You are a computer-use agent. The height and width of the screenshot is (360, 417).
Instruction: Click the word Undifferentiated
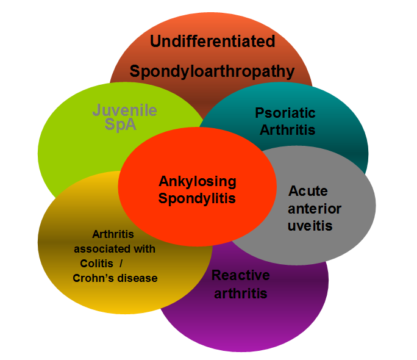pyautogui.click(x=213, y=41)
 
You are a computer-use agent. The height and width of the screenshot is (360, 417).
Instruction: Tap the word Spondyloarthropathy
pyautogui.click(x=212, y=72)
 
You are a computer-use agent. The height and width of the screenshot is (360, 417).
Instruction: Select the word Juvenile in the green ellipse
pyautogui.click(x=124, y=110)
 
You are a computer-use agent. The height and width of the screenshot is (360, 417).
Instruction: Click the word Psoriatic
pyautogui.click(x=285, y=113)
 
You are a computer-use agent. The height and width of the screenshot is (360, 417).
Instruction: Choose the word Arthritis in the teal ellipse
pyautogui.click(x=288, y=130)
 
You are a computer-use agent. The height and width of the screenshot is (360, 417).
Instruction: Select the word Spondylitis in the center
pyautogui.click(x=197, y=199)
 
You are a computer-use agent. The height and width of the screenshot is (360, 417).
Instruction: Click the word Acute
pyautogui.click(x=308, y=191)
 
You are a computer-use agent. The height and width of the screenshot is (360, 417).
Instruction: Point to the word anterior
pyautogui.click(x=315, y=209)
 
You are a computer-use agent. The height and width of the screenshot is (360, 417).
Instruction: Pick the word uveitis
pyautogui.click(x=310, y=226)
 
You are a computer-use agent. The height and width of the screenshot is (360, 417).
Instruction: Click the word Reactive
pyautogui.click(x=241, y=275)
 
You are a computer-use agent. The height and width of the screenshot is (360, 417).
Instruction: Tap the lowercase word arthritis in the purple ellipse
pyautogui.click(x=241, y=293)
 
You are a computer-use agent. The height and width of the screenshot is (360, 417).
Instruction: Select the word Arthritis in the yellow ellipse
pyautogui.click(x=113, y=234)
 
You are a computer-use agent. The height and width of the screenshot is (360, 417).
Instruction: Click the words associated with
pyautogui.click(x=115, y=249)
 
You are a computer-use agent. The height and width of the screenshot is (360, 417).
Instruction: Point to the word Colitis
pyautogui.click(x=96, y=264)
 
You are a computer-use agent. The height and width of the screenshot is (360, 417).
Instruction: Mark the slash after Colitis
pyautogui.click(x=121, y=264)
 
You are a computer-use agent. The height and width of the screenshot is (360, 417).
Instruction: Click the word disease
pyautogui.click(x=138, y=278)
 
